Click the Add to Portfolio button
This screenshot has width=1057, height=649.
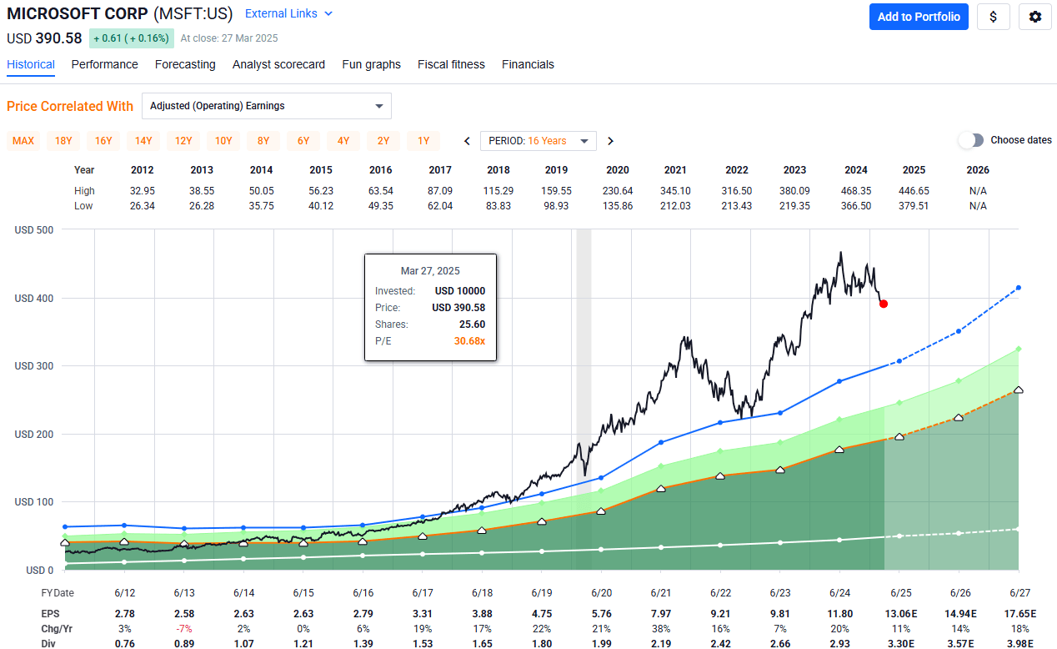click(x=918, y=17)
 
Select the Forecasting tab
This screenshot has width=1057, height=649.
click(x=185, y=64)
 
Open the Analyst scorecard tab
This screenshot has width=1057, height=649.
click(x=278, y=64)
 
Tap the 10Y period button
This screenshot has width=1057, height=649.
click(x=223, y=141)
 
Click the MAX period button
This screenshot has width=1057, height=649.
click(x=23, y=141)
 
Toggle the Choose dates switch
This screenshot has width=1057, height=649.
click(x=971, y=140)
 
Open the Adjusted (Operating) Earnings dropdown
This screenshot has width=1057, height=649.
click(x=266, y=106)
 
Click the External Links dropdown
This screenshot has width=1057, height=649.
click(x=288, y=13)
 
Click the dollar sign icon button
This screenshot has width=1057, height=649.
click(x=993, y=17)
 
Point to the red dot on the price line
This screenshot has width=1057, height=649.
click(x=883, y=304)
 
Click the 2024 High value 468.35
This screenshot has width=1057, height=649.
click(x=858, y=191)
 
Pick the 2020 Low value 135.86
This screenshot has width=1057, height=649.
click(x=618, y=206)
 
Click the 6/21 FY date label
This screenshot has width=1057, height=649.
click(x=661, y=593)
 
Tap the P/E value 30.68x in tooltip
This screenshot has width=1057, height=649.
click(x=470, y=341)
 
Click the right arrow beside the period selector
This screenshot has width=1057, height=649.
click(x=611, y=141)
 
